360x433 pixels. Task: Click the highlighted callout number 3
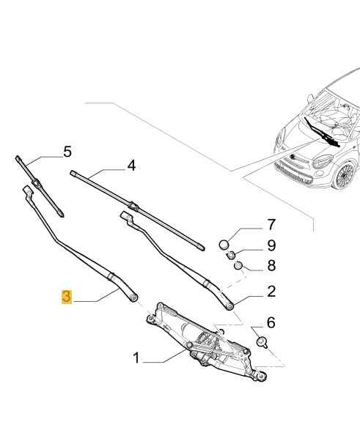tap(67, 297)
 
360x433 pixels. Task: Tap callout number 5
tap(67, 152)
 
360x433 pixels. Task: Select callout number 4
tap(131, 166)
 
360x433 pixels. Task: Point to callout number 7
tap(271, 225)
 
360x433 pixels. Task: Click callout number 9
tap(271, 245)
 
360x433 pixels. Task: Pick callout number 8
tap(271, 265)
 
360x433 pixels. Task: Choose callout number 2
tap(271, 292)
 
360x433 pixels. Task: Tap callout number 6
tap(271, 322)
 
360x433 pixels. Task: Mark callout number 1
tap(136, 358)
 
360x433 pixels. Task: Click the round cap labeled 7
tap(224, 245)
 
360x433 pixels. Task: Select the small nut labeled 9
tap(231, 255)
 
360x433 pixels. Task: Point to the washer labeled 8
tap(238, 265)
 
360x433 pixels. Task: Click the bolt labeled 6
tap(262, 342)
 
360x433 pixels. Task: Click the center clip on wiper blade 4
tap(133, 206)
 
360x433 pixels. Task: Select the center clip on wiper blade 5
tap(36, 183)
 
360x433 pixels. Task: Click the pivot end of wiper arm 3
tap(133, 297)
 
